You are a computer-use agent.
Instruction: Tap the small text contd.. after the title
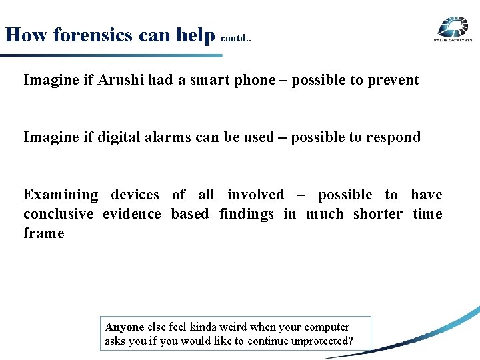(235, 39)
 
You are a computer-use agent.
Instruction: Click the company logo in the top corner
(453, 30)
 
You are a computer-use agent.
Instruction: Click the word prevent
(393, 80)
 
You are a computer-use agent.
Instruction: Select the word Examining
(61, 195)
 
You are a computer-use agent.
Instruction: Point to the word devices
(135, 195)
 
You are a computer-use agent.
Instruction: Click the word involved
(255, 195)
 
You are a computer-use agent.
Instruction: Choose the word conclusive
(59, 214)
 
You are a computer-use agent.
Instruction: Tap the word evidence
(132, 214)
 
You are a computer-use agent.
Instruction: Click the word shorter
(378, 214)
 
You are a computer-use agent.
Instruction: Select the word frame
(44, 233)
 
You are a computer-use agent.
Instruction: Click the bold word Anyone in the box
(125, 327)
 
